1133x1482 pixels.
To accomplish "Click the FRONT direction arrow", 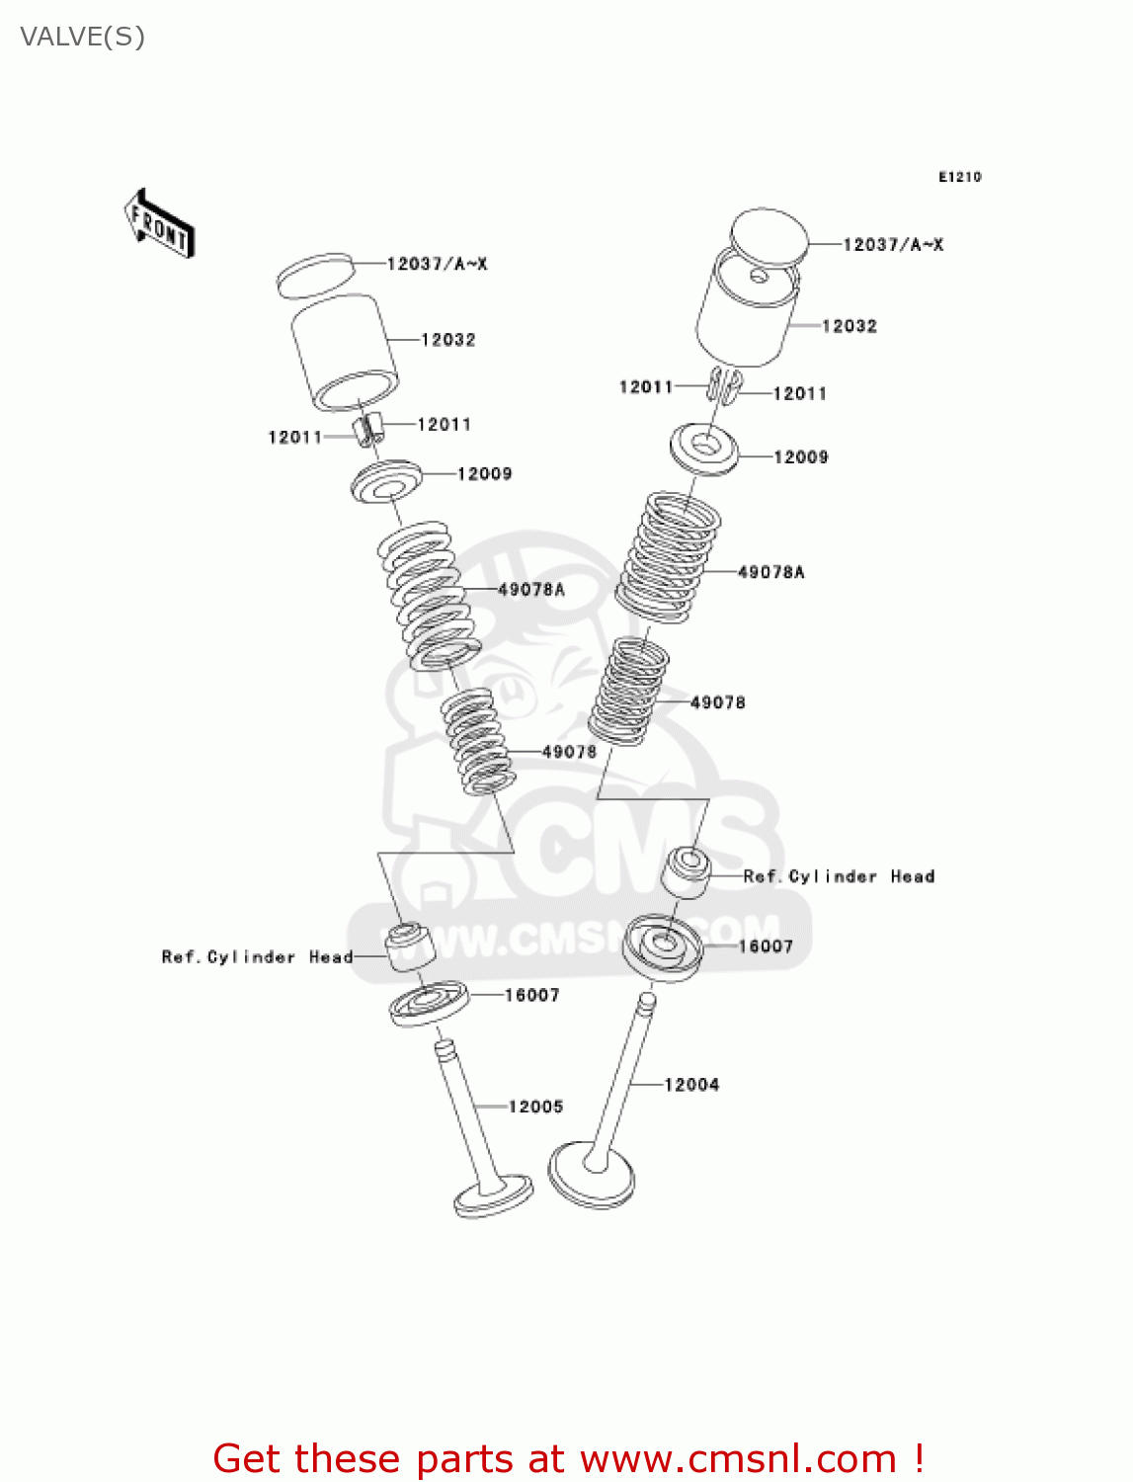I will [x=159, y=224].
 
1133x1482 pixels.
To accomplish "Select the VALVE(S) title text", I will [x=82, y=38].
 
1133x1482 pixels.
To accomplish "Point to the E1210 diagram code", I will [x=959, y=177].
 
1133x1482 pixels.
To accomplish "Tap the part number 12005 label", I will [x=535, y=1107].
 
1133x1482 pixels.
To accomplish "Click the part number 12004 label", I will [x=691, y=1085].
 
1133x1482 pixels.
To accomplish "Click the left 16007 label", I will [x=531, y=995].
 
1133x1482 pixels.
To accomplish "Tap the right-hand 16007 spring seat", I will [x=663, y=947].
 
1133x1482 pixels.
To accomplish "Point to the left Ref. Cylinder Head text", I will [x=257, y=956].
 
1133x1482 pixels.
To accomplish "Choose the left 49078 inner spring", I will [x=476, y=741].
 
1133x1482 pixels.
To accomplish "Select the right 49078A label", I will [x=770, y=572].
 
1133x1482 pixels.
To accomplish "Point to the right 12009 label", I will [x=800, y=456].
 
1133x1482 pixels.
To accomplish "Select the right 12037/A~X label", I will [x=892, y=244].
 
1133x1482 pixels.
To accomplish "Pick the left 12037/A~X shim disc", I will [x=314, y=275].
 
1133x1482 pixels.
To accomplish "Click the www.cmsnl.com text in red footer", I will [x=737, y=1458].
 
